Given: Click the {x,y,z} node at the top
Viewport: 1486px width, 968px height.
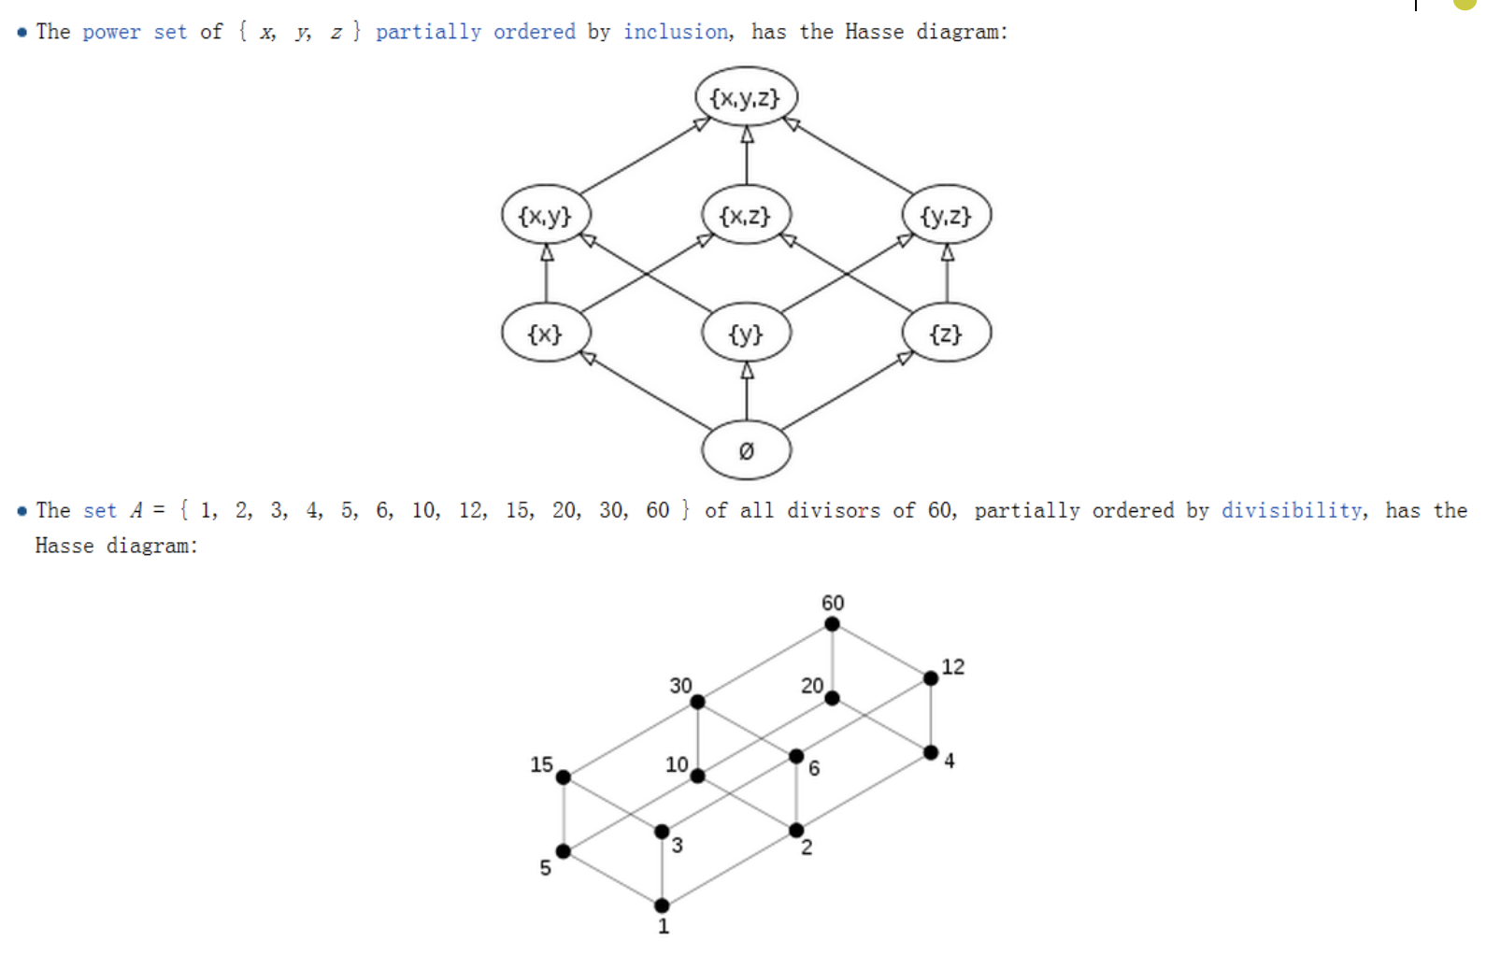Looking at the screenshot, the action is pos(747,97).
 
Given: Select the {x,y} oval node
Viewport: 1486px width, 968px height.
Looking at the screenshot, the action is pos(546,215).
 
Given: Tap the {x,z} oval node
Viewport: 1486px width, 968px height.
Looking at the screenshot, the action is pos(747,215).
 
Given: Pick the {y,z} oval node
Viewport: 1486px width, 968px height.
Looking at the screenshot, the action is pos(947,215).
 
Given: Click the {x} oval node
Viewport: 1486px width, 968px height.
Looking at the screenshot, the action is pos(546,333).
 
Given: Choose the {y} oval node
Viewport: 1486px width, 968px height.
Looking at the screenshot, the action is pos(747,333).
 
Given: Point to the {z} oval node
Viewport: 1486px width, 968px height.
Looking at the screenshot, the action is pos(947,333).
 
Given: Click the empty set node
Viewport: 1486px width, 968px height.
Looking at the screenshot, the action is pos(747,450).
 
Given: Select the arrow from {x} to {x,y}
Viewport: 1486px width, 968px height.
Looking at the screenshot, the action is pos(547,273).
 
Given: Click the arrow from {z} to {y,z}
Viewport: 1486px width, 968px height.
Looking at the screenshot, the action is pos(948,273).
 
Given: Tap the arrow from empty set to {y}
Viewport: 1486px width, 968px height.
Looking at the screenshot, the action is pos(747,391).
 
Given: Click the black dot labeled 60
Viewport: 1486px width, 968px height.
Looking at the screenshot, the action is pos(832,624).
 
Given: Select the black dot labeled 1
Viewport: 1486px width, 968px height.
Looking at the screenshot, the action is pos(662,905).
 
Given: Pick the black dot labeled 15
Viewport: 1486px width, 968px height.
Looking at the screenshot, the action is pos(564,777).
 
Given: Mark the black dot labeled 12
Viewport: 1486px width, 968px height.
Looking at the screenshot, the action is pos(931,677).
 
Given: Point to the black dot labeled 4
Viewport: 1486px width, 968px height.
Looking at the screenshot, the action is pos(931,752).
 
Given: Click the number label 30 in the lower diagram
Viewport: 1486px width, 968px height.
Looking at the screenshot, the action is pos(680,686).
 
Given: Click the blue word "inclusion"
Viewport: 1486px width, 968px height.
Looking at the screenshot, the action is pos(676,32).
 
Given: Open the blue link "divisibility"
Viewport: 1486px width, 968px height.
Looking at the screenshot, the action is pos(1291,510).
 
